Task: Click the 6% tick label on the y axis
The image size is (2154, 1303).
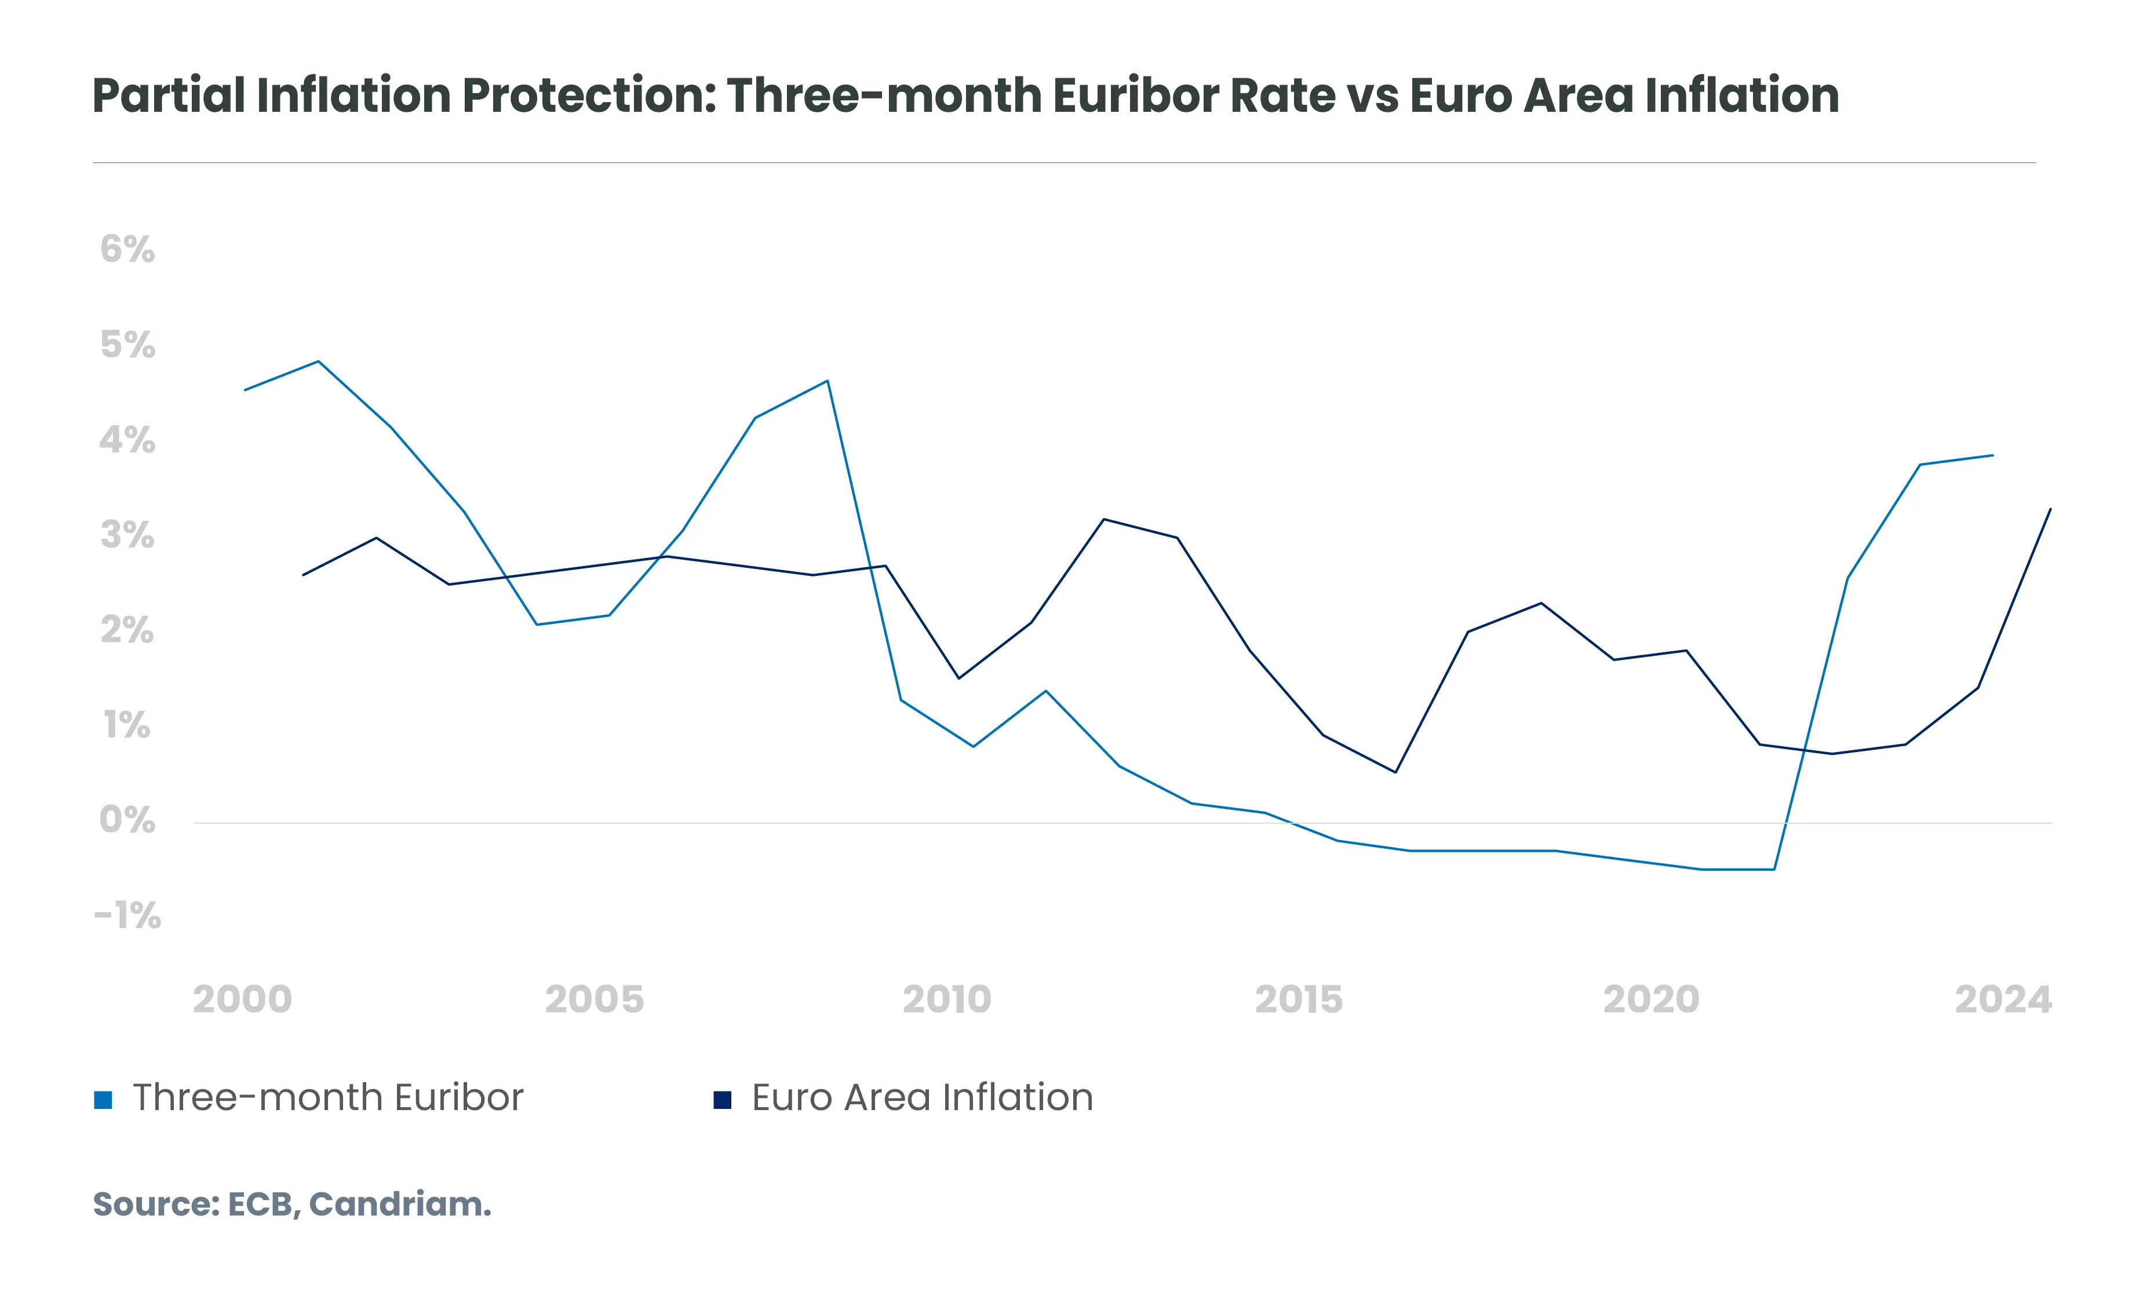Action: coord(127,250)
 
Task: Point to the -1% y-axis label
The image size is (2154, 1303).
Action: coord(127,916)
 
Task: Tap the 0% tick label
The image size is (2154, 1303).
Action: coord(127,820)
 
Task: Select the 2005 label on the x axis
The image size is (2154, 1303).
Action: coord(595,1000)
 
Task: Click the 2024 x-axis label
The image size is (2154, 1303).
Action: coord(2003,1000)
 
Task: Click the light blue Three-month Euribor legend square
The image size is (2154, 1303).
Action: coord(103,1100)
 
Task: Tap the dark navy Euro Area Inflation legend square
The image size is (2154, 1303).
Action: coord(722,1100)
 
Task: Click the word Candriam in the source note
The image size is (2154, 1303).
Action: coord(400,1205)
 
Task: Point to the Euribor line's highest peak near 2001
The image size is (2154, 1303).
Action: coord(318,361)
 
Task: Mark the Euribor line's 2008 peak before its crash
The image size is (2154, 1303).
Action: coord(827,381)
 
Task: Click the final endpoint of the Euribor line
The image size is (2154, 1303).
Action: coord(1992,455)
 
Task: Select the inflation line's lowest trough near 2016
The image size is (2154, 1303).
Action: coord(1395,772)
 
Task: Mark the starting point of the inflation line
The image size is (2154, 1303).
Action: coord(303,575)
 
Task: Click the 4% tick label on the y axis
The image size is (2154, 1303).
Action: coord(127,440)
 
